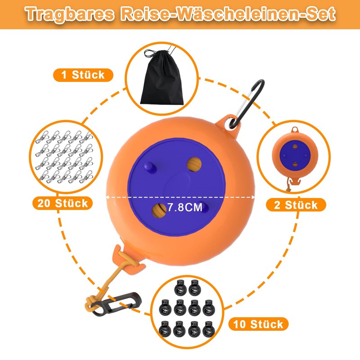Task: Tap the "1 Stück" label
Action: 82,75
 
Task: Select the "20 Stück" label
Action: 62,203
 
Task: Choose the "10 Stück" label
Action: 258,324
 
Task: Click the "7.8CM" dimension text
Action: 184,208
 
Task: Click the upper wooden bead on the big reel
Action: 194,165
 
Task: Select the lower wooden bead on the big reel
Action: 160,210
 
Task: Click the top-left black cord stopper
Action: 181,285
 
